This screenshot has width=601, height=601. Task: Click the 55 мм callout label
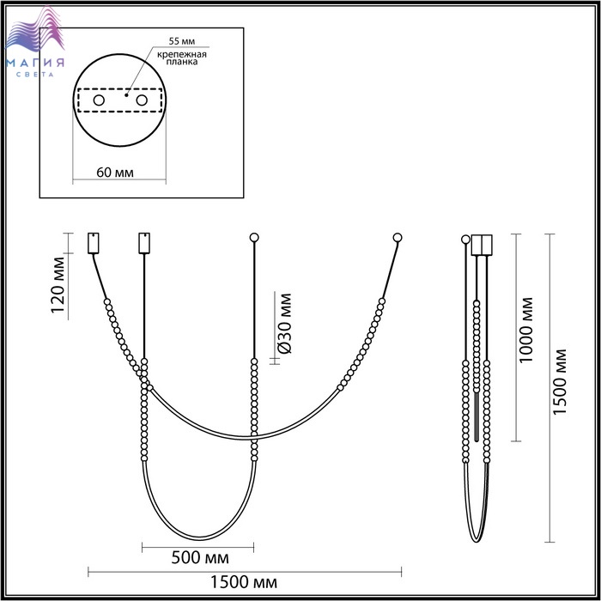coord(182,41)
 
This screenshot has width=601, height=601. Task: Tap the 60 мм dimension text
coord(115,173)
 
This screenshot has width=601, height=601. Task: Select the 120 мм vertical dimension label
coord(58,285)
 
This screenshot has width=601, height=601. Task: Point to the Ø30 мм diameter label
coord(284,324)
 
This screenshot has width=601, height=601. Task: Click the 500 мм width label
coord(200,558)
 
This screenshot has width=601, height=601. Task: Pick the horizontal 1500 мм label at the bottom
coord(244,582)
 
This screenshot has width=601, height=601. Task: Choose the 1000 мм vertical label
coord(525,330)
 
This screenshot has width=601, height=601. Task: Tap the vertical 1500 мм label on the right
coord(559,381)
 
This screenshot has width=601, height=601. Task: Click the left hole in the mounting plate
coord(99,100)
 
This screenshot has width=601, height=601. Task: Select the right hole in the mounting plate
coord(142,100)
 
